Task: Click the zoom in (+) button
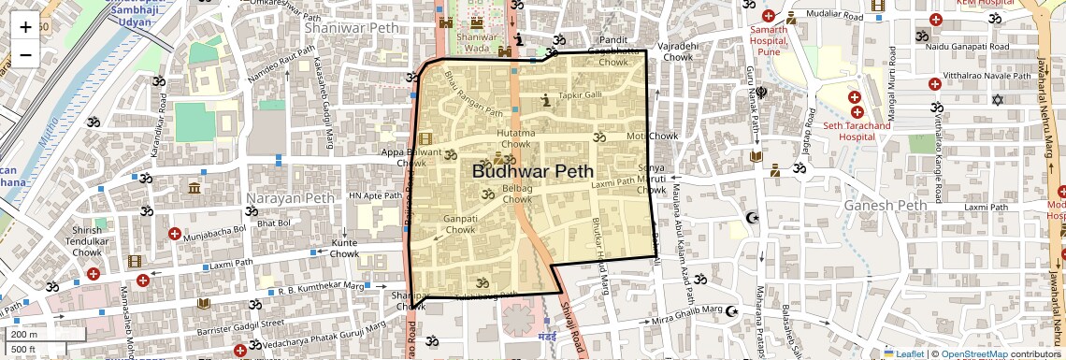25,26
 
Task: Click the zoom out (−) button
25,54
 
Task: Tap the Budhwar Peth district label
532,171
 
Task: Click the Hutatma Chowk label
515,138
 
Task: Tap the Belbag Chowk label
517,194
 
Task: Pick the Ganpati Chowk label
460,223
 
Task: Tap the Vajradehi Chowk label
678,51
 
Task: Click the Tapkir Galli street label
581,95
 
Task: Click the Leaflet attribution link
903,353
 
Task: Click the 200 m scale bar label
23,334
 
